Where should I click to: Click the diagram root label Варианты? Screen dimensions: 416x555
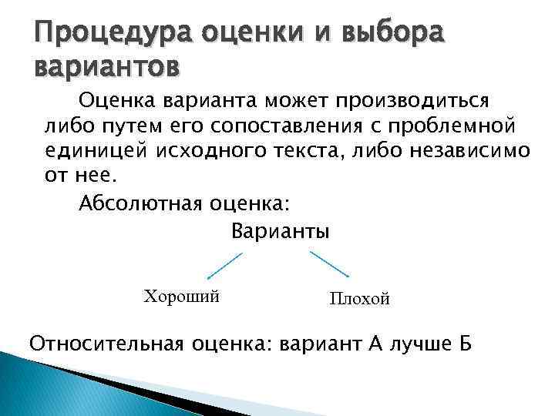tap(280, 231)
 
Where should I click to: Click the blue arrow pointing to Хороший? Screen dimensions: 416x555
tap(224, 266)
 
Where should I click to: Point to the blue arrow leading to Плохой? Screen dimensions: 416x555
tap(330, 266)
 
